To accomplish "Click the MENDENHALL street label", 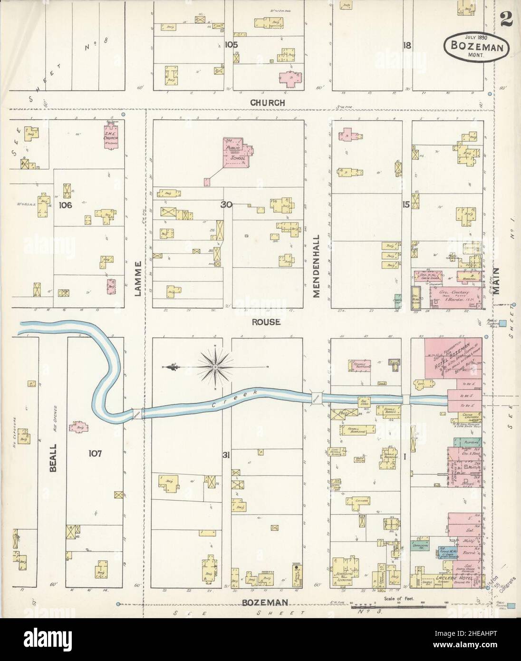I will pyautogui.click(x=316, y=266).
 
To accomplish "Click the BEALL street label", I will pyautogui.click(x=53, y=457).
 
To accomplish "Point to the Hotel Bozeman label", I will pyautogui.click(x=457, y=362).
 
